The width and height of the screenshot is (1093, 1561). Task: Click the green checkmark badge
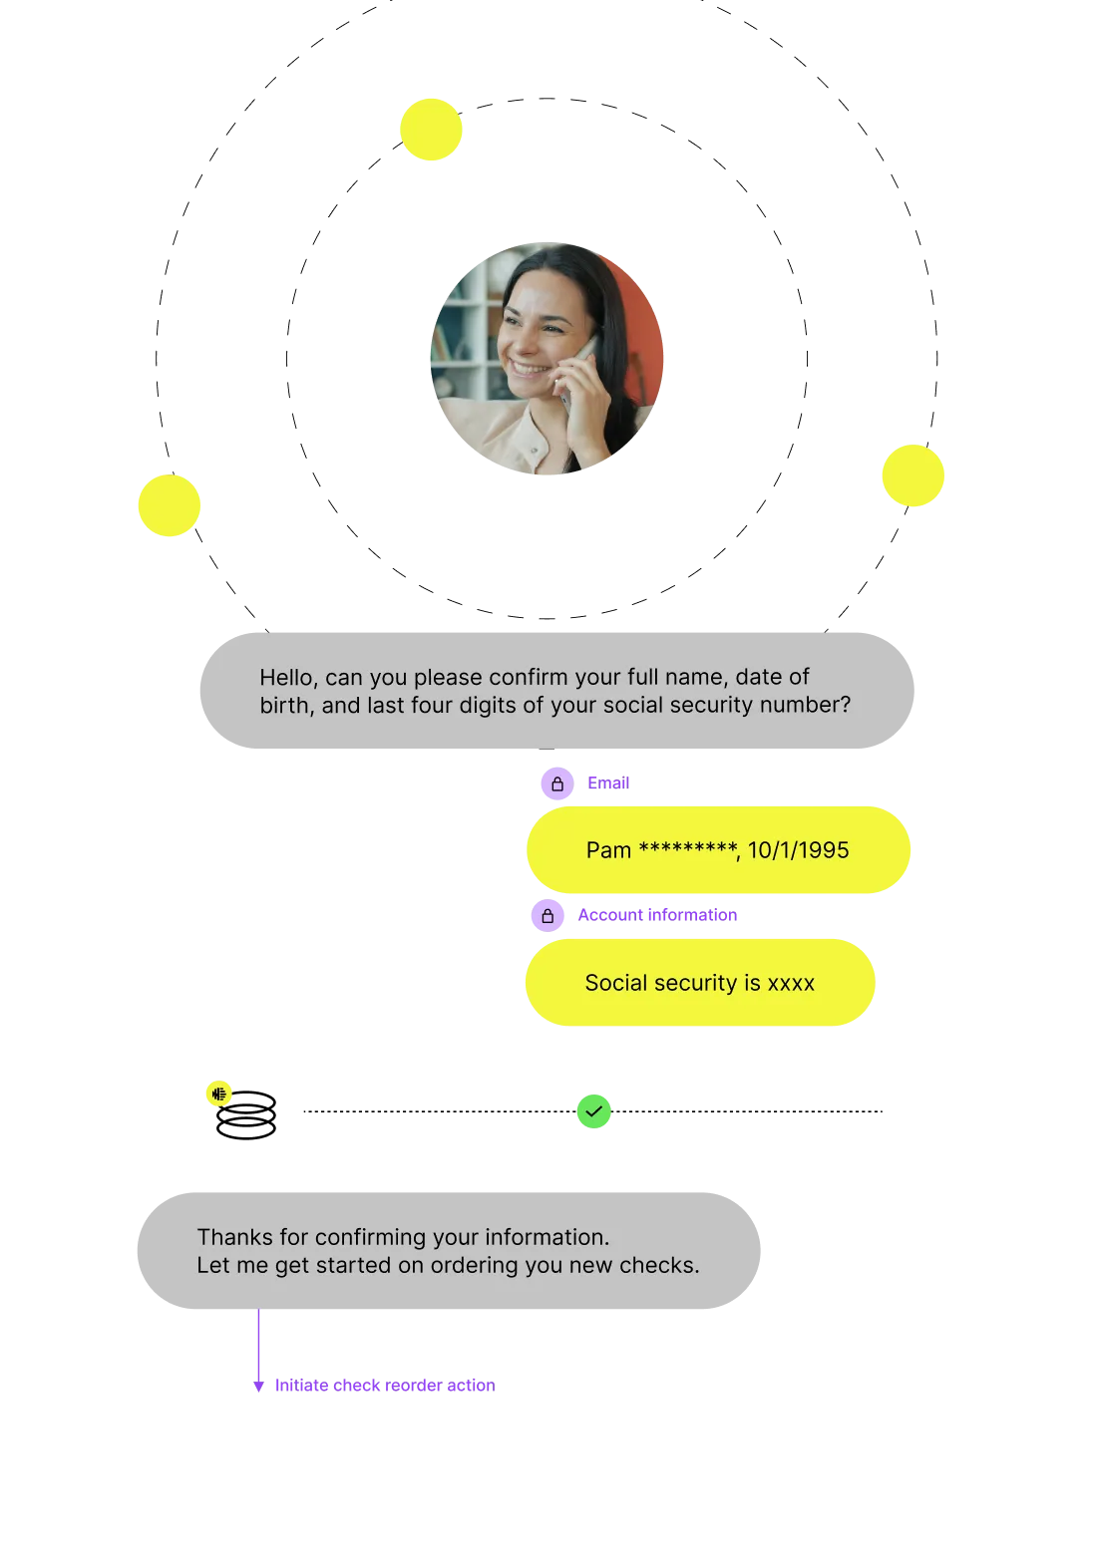pos(593,1110)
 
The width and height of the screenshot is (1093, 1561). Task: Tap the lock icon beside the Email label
pos(556,783)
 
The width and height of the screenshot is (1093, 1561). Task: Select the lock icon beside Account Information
pos(546,915)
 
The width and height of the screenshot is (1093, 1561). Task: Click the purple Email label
pos(607,782)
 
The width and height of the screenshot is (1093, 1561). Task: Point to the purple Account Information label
pos(658,915)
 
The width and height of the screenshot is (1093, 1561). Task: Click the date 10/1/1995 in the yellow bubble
pos(798,850)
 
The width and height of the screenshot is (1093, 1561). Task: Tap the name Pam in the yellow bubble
pos(608,850)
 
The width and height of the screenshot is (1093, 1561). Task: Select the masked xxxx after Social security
pos(791,983)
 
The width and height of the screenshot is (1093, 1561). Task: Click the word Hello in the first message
pos(288,678)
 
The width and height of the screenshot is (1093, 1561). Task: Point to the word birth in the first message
pos(284,706)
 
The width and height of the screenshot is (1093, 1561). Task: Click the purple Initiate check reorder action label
pos(383,1386)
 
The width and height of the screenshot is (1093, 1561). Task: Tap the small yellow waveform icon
pos(219,1093)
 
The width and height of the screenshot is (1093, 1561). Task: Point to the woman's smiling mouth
pos(531,371)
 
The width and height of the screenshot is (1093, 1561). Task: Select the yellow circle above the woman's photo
pos(431,130)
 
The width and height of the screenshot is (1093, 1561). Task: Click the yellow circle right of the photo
pos(912,475)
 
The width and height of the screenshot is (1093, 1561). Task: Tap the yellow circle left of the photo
pos(170,506)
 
